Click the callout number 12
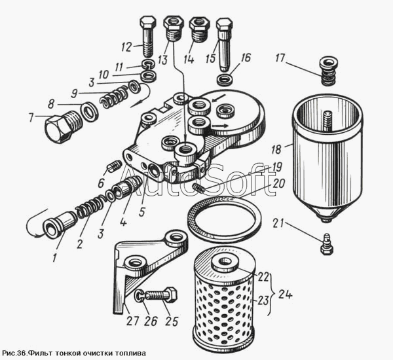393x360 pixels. click(127, 47)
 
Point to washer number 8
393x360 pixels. click(89, 111)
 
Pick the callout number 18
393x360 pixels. click(276, 149)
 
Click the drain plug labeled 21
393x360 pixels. click(326, 244)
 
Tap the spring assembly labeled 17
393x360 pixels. click(329, 71)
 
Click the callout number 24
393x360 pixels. click(285, 295)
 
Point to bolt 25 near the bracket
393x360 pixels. click(160, 295)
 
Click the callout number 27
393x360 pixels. click(132, 321)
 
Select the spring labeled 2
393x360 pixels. click(90, 206)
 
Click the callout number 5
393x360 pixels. click(142, 211)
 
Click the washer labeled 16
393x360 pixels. click(225, 80)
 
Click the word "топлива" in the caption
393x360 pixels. click(130, 353)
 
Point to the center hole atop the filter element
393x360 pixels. click(225, 262)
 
